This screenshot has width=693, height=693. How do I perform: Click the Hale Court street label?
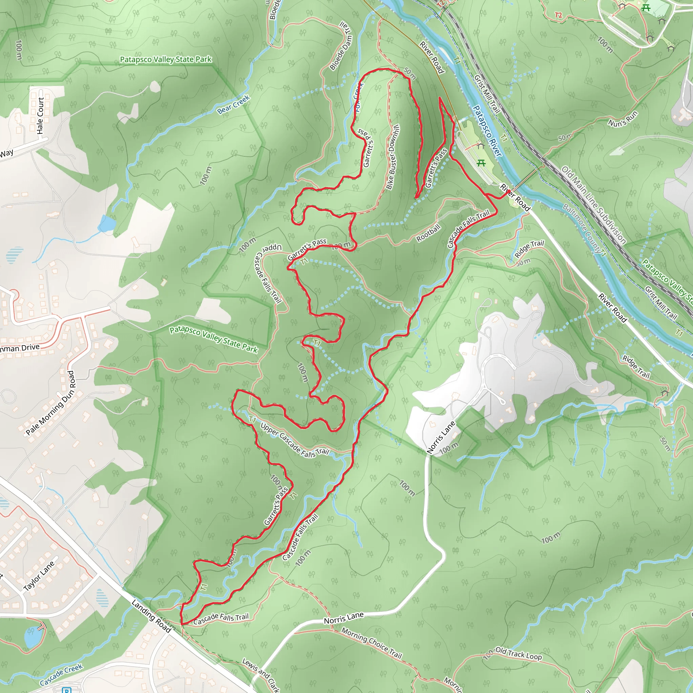(40, 115)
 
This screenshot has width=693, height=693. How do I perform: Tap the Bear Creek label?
(233, 104)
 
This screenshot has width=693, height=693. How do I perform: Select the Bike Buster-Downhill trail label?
(393, 157)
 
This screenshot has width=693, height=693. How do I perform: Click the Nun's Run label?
(623, 118)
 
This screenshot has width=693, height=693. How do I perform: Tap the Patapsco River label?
(487, 131)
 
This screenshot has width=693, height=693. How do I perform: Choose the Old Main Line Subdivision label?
(593, 205)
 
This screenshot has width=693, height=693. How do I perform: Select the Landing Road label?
(151, 616)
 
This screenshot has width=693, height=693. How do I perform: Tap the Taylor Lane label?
(39, 576)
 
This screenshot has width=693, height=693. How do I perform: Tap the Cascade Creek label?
(61, 675)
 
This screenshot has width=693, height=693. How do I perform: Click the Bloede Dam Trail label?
(341, 46)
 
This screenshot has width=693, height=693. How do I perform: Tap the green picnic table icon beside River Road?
(481, 163)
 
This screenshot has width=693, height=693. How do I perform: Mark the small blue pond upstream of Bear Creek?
(107, 223)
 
